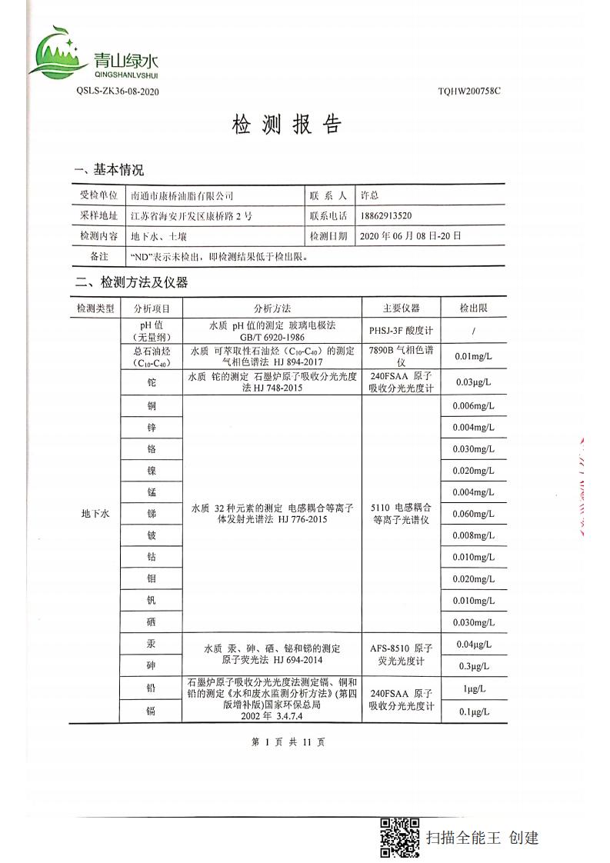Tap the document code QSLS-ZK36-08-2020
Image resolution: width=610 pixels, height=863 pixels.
[117, 92]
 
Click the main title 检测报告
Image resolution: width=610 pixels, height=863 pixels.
[285, 125]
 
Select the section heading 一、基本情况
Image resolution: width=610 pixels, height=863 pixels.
[108, 170]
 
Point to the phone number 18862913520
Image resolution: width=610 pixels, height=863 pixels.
[391, 216]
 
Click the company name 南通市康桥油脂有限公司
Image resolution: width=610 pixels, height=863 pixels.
[182, 196]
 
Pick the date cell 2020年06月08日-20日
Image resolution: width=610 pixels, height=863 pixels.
[409, 236]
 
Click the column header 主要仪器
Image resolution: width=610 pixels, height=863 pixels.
[401, 308]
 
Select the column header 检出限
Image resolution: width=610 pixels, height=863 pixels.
[473, 308]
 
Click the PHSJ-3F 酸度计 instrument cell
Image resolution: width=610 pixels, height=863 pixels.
[401, 331]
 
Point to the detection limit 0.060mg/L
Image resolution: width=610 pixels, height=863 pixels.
[473, 514]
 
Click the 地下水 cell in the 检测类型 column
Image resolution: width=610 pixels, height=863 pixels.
[95, 514]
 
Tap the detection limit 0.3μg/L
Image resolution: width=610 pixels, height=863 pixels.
[473, 666]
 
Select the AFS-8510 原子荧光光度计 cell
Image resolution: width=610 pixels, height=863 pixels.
[401, 655]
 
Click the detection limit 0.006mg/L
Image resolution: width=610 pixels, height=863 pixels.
[473, 406]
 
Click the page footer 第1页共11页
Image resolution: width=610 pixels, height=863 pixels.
[288, 742]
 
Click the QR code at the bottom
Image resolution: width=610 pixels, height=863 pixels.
[400, 838]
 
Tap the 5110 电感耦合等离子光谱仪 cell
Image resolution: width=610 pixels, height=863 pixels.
[401, 514]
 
